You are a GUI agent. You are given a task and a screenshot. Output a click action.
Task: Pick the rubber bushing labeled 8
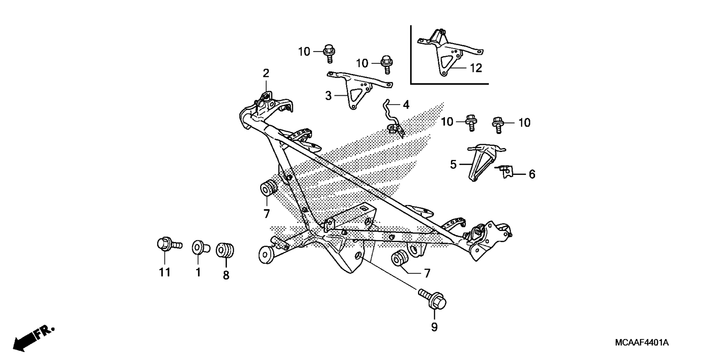pos(225,250)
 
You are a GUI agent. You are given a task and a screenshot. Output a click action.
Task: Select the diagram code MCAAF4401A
pos(642,343)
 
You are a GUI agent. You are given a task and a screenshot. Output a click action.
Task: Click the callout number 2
pos(266,73)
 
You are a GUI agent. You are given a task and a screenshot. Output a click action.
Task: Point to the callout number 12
pos(476,68)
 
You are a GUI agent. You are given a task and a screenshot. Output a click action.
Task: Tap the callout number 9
pos(434,327)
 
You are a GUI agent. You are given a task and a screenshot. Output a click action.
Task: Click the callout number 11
pos(165,272)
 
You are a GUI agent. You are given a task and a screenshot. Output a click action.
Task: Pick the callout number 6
pos(532,174)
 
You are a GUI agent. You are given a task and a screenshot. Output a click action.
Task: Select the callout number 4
pos(406,105)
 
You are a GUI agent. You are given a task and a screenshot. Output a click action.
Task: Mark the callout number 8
pos(226,275)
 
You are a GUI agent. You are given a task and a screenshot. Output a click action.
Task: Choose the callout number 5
pos(453,164)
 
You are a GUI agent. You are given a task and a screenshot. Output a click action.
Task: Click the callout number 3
pos(328,96)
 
